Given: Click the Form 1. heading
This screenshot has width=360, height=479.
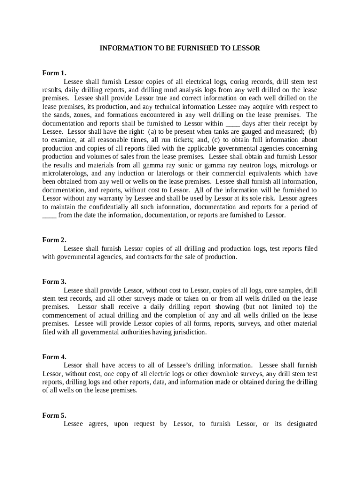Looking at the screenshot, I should click(54, 73).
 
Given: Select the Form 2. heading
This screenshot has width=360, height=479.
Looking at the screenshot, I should click(54, 240).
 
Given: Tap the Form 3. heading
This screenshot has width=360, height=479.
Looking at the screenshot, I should click(54, 282).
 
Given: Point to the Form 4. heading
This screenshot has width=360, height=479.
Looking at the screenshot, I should click(54, 357).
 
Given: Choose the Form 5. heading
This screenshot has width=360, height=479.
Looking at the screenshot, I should click(54, 415).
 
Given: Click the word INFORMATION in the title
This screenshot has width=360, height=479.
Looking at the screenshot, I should click(122, 48).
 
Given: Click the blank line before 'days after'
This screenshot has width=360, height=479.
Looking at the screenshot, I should click(233, 123).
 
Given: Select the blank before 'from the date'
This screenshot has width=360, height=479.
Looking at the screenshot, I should click(49, 216).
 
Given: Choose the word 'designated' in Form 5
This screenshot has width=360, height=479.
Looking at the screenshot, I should click(296, 424).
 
